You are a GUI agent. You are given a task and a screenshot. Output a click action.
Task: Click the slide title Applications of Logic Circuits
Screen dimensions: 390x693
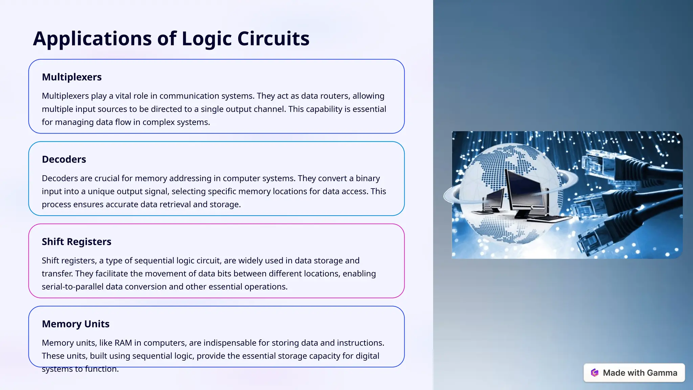[x=171, y=38]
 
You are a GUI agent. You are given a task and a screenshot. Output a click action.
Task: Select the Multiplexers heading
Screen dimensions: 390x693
[x=72, y=77]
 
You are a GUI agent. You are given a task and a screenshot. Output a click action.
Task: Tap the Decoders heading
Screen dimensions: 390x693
[x=64, y=159]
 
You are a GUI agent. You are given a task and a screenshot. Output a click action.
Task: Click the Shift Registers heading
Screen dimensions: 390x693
[x=76, y=242]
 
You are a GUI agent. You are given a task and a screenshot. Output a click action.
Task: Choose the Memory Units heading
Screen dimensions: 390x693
[x=75, y=324]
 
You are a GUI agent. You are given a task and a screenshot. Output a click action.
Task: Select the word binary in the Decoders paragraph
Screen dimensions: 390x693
[x=368, y=178]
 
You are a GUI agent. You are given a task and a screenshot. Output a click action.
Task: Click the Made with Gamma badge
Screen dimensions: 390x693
[x=634, y=373]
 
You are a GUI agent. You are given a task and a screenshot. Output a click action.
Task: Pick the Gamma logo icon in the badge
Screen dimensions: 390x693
[x=595, y=373]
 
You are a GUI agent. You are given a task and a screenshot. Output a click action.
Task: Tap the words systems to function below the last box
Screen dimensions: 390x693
[x=80, y=369]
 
